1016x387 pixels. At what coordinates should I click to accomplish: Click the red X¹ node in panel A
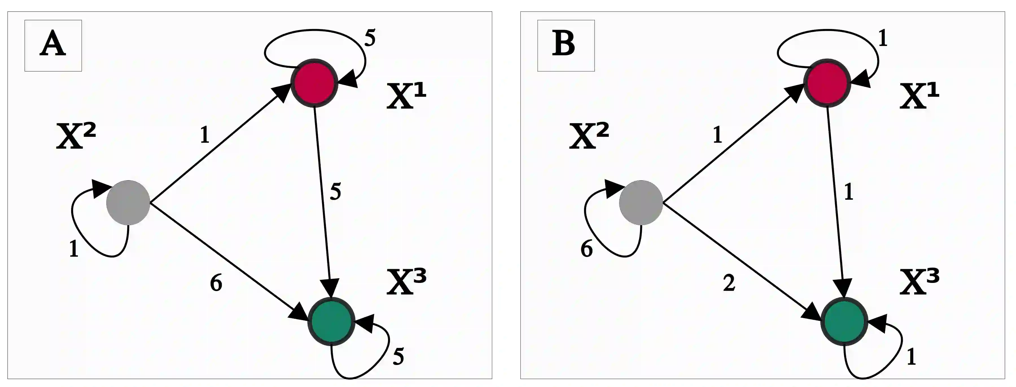314,83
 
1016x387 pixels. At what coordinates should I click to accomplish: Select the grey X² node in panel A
128,203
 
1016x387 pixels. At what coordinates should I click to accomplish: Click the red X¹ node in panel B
827,83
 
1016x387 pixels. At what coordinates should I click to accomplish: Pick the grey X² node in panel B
641,203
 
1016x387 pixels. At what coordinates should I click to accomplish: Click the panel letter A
53,45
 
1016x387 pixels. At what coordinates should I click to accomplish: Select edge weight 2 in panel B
729,283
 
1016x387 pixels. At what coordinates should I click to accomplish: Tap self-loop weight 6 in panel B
586,249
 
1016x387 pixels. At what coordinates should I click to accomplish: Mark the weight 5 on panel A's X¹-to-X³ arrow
335,192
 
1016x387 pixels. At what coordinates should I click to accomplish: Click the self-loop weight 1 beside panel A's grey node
74,249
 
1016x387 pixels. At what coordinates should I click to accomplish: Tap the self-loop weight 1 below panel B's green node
911,357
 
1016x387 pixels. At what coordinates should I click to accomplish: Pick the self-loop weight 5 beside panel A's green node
398,357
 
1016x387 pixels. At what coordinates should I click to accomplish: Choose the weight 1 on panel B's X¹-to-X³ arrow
848,192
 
